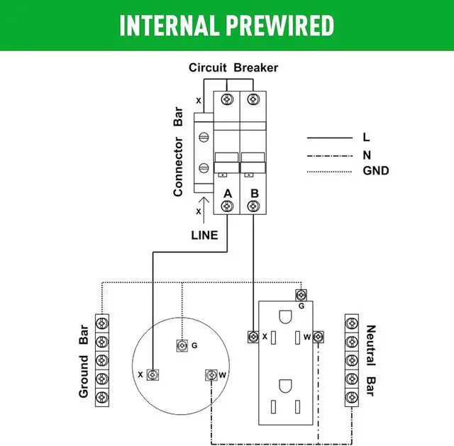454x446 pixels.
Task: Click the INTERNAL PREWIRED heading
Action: coord(227,25)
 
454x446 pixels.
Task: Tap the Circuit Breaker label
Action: coord(233,68)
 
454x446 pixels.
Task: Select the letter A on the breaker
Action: coord(228,193)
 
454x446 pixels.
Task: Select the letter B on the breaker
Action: coord(253,193)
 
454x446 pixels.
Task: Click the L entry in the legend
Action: coord(366,138)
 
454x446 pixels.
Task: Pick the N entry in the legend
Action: coord(367,155)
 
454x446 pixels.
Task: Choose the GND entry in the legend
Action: coord(375,170)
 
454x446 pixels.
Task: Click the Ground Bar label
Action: coord(84,361)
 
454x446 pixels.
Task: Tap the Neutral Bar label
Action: coord(370,360)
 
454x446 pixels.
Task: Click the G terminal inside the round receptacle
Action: coord(181,345)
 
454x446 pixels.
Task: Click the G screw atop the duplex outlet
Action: coord(301,294)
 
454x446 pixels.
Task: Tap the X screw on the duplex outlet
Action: coord(252,336)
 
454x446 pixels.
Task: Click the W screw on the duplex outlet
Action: coord(319,336)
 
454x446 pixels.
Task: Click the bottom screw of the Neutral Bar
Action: coord(350,395)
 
